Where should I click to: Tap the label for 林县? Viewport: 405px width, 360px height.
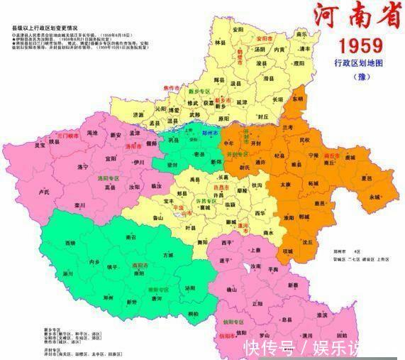click(218, 43)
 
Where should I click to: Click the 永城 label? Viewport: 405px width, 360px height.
click(374, 197)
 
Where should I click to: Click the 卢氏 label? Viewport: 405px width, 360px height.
click(45, 192)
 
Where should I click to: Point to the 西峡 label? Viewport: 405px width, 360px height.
click(70, 243)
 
